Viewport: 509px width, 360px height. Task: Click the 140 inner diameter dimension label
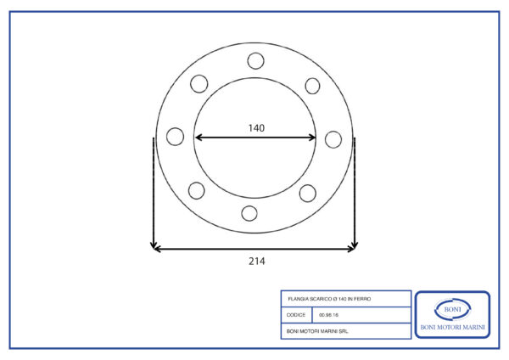pyautogui.click(x=256, y=128)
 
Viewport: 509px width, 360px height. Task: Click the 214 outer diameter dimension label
pyautogui.click(x=257, y=262)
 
